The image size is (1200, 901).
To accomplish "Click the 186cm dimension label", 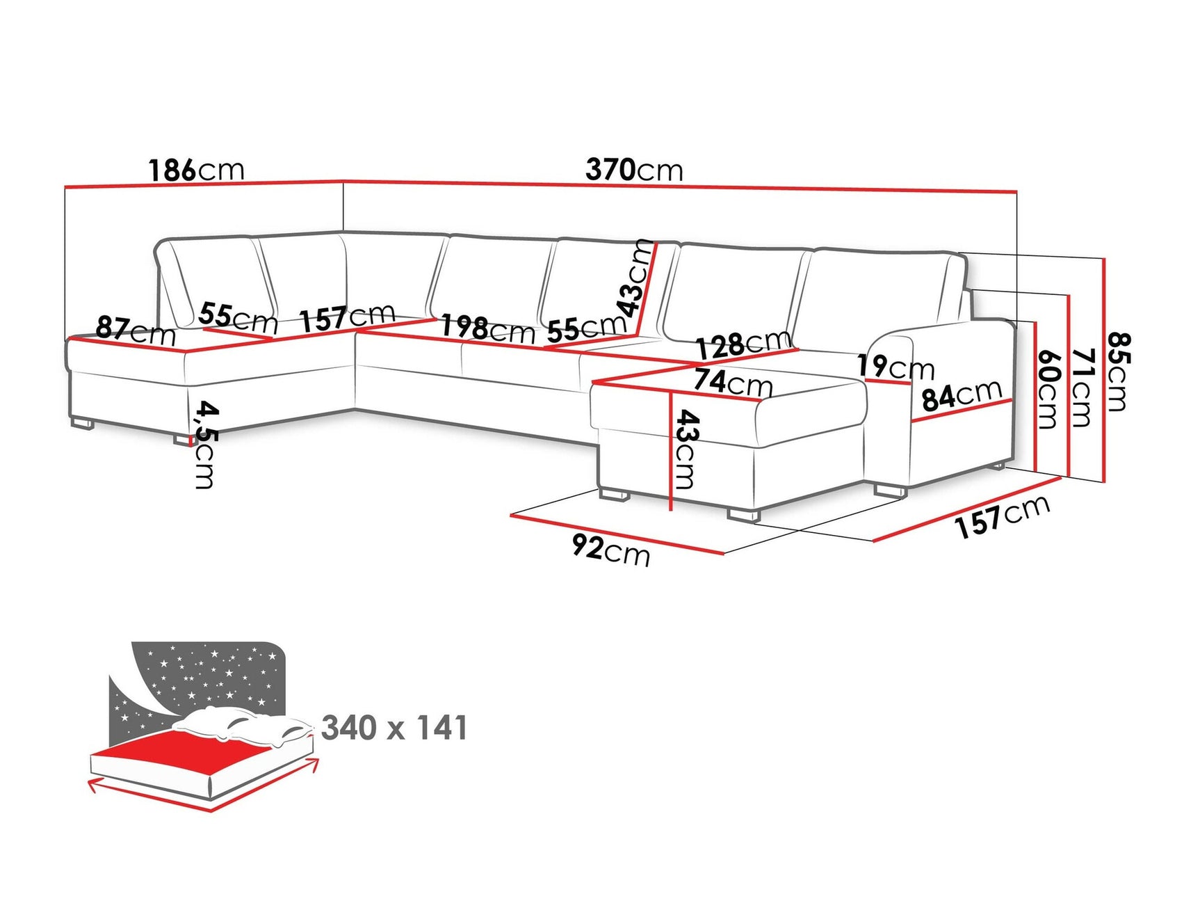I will pyautogui.click(x=196, y=170).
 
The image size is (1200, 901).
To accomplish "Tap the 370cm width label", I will pyautogui.click(x=634, y=170).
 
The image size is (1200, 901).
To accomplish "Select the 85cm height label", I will pyautogui.click(x=1119, y=372).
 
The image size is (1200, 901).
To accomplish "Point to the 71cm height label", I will pyautogui.click(x=1082, y=388).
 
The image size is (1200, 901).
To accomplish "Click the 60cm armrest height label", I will pyautogui.click(x=1048, y=389).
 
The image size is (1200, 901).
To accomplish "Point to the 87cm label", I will pyautogui.click(x=136, y=330).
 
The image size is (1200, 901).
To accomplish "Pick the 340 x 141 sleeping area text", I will pyautogui.click(x=394, y=728).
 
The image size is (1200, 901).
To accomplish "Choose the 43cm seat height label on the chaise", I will pyautogui.click(x=685, y=449).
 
